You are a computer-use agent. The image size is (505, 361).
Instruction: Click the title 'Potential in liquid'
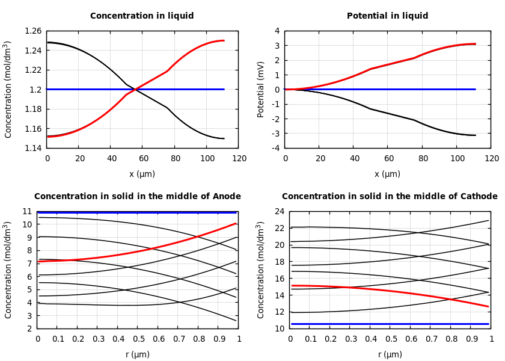(387, 16)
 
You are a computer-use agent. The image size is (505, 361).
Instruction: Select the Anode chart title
(138, 197)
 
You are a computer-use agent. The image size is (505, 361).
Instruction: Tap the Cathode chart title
(390, 197)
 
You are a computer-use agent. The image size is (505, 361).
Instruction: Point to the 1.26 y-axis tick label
(32, 31)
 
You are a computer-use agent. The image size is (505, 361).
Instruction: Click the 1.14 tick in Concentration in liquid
(32, 148)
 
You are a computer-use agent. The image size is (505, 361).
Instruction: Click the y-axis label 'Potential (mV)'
(261, 89)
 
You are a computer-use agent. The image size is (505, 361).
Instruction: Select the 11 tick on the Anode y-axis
(26, 211)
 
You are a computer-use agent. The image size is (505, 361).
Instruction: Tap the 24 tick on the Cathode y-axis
(278, 211)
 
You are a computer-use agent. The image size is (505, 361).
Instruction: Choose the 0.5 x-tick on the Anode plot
(138, 339)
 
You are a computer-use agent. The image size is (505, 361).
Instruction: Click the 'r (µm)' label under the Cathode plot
(390, 354)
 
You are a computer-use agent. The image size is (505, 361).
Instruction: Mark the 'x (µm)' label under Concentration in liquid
(142, 174)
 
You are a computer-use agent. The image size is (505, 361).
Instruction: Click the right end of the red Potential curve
(475, 44)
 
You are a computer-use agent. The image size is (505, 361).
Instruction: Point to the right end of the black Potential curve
(475, 135)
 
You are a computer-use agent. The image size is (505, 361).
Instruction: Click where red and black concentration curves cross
(136, 90)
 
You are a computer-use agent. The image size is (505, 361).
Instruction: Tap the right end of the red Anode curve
(236, 223)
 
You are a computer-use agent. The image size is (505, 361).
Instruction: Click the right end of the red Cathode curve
(488, 306)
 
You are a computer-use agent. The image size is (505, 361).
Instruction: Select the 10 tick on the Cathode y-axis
(278, 329)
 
